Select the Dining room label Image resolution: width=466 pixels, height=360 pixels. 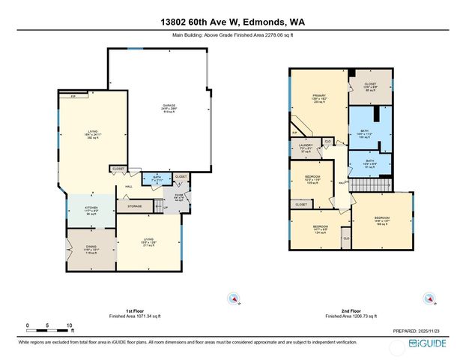[x=91, y=251]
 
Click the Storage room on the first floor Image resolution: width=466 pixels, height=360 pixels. [x=134, y=205]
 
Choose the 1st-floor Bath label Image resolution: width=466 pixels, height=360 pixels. [x=157, y=180]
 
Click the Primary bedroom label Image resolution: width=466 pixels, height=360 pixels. [x=317, y=99]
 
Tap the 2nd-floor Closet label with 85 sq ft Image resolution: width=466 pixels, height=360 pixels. [x=370, y=87]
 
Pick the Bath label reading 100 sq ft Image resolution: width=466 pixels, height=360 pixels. [x=370, y=135]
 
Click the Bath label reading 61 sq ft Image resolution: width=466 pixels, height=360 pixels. [x=370, y=162]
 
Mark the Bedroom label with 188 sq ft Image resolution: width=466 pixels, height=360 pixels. [x=381, y=220]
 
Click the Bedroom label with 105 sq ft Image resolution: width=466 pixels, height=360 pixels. [x=312, y=181]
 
